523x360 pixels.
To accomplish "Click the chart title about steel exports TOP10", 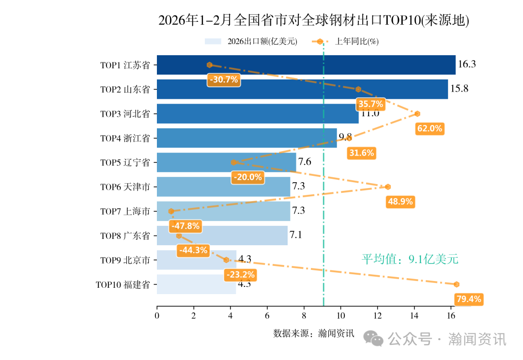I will point(314,20).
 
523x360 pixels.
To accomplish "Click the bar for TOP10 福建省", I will point(196,284).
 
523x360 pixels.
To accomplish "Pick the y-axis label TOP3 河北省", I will point(125,114).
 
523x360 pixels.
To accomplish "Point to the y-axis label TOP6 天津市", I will point(125,187).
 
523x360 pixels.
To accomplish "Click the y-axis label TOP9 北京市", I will point(125,260).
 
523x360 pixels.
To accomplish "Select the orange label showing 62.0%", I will point(430,128).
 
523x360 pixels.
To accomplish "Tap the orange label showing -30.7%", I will point(224,79).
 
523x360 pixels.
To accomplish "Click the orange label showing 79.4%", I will point(469,299).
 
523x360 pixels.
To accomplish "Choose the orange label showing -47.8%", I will point(185,226).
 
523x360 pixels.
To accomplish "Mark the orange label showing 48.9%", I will point(400,202).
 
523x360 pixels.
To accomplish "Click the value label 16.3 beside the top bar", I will point(467,64).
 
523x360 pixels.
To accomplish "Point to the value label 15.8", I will point(459,89).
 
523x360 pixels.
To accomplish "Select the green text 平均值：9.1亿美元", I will point(410,259).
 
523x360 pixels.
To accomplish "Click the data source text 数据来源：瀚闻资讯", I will point(314,333).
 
